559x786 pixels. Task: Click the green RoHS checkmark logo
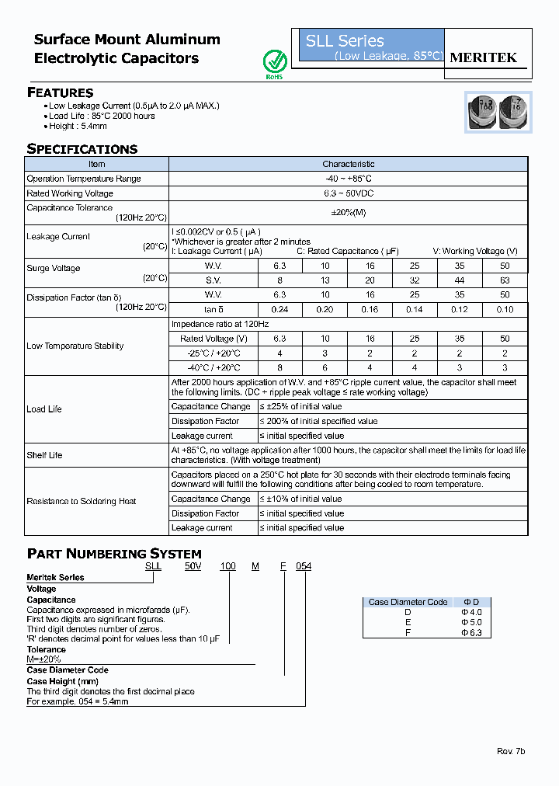[x=274, y=62]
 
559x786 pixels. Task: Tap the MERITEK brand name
[x=484, y=57]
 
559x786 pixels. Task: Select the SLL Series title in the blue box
[x=345, y=41]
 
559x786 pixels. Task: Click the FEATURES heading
[x=60, y=92]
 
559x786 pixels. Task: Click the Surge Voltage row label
[x=54, y=269]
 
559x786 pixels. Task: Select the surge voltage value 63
[x=505, y=280]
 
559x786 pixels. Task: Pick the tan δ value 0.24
[x=279, y=310]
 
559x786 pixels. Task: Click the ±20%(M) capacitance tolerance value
[x=349, y=214]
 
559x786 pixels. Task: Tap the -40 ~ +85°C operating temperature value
[x=349, y=179]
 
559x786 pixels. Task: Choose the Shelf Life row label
[x=44, y=455]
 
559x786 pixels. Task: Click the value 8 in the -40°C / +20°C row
[x=279, y=368]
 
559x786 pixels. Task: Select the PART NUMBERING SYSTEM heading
[x=114, y=554]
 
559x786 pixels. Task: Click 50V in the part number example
[x=193, y=566]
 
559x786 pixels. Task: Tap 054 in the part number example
[x=303, y=566]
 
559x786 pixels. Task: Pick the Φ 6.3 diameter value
[x=472, y=633]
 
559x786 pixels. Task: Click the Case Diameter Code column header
[x=408, y=602]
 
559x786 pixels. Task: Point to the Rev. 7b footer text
[x=511, y=752]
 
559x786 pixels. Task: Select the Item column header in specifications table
[x=96, y=164]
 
